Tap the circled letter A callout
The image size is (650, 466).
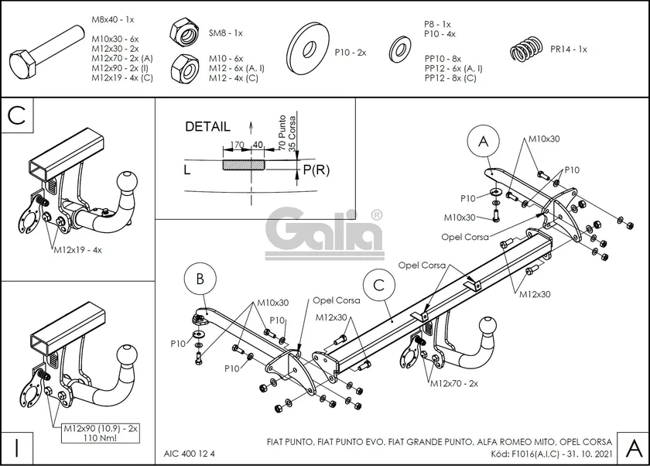[484, 141]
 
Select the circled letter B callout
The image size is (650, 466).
[200, 279]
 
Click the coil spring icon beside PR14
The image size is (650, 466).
[529, 50]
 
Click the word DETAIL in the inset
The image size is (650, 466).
[207, 126]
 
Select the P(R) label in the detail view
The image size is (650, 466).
[316, 170]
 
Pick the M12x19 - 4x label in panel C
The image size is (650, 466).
[77, 250]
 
